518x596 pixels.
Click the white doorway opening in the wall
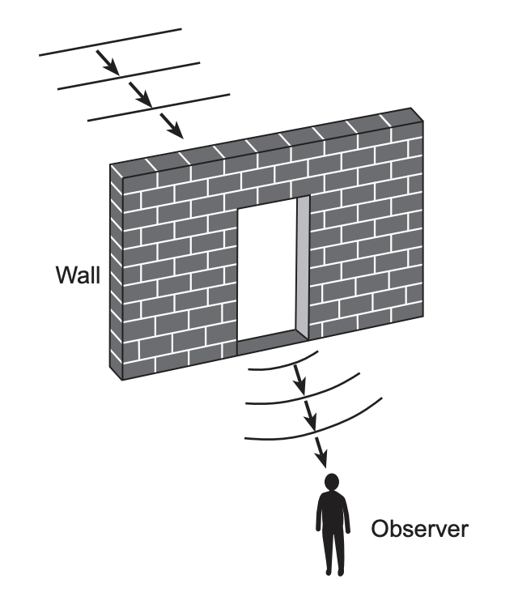(267, 271)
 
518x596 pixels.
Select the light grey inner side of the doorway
(303, 263)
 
